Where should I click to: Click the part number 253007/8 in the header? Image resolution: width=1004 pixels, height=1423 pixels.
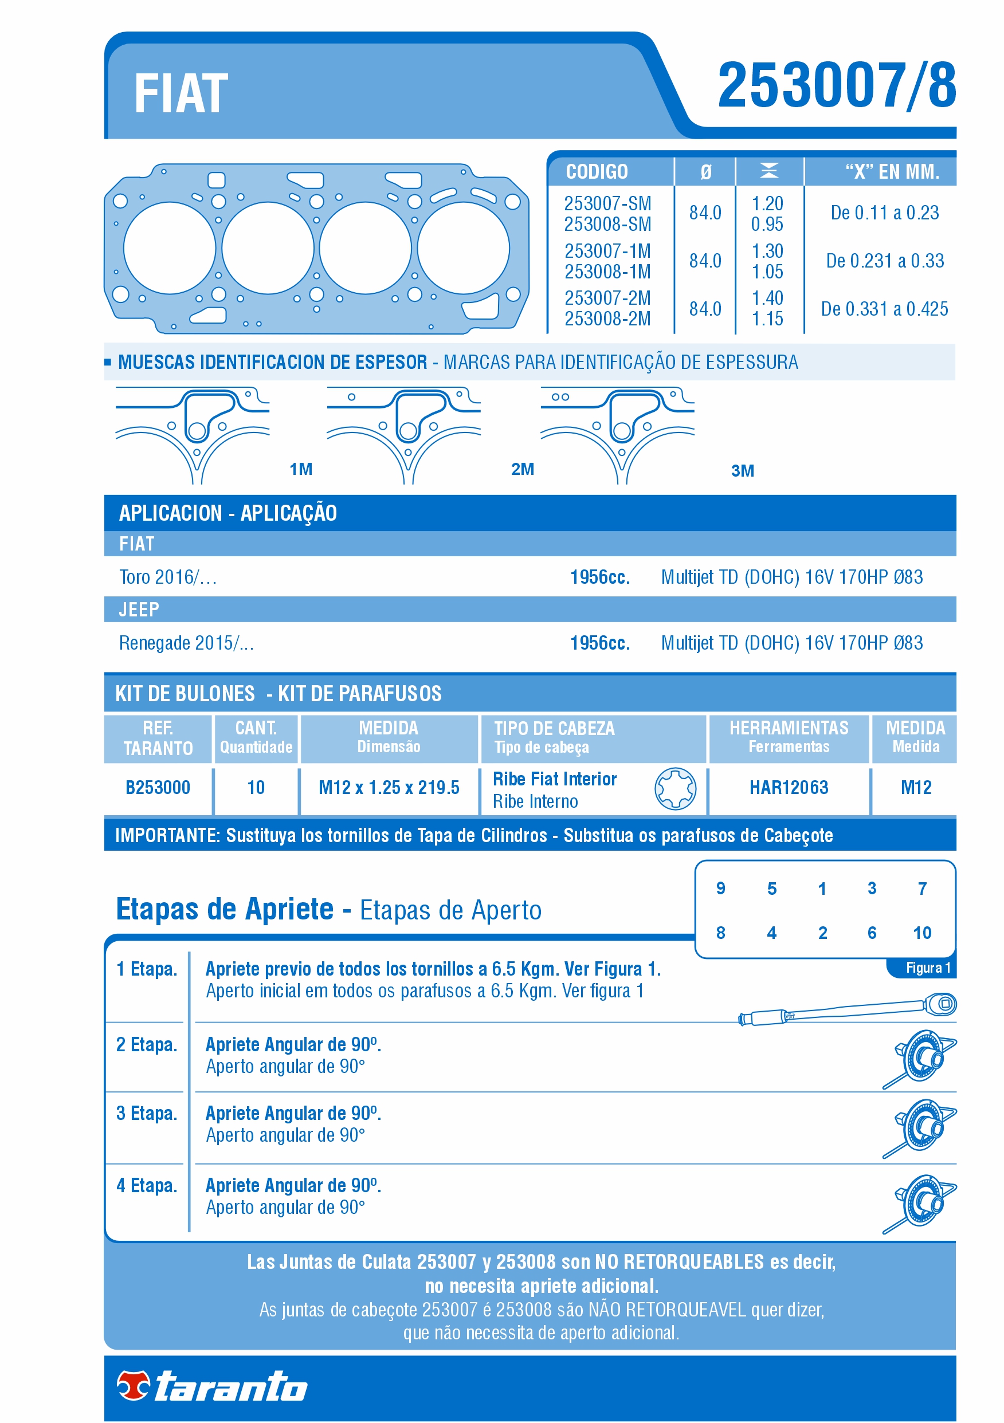[836, 85]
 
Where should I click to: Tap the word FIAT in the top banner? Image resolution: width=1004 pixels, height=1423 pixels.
[181, 94]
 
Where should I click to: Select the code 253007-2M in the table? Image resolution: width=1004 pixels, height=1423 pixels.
[607, 298]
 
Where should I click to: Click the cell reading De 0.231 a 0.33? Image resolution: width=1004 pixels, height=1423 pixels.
[884, 261]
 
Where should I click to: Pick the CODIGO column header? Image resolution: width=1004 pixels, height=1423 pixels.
[597, 172]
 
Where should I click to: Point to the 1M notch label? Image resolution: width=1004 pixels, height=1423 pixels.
[301, 469]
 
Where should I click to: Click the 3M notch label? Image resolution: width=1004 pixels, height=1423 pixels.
[742, 471]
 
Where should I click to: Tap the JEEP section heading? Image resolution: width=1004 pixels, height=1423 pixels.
[139, 610]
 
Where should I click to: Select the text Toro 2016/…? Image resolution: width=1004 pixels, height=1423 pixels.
[168, 577]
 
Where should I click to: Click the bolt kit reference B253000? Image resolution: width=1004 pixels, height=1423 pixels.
[158, 788]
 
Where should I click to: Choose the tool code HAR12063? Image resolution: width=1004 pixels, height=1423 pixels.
[788, 788]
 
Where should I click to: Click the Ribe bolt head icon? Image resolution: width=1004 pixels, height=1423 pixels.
[674, 788]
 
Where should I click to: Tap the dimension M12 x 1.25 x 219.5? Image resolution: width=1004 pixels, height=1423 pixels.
[389, 788]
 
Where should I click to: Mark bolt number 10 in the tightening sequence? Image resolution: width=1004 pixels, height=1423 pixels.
[921, 933]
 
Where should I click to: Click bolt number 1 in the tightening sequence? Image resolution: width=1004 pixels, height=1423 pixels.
[822, 889]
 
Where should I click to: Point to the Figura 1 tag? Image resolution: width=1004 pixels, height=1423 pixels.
[927, 968]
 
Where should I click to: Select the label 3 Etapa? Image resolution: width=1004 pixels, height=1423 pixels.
[146, 1114]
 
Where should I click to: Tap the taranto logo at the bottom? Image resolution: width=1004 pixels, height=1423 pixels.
[213, 1386]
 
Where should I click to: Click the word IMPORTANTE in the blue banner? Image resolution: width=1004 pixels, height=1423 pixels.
[167, 835]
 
